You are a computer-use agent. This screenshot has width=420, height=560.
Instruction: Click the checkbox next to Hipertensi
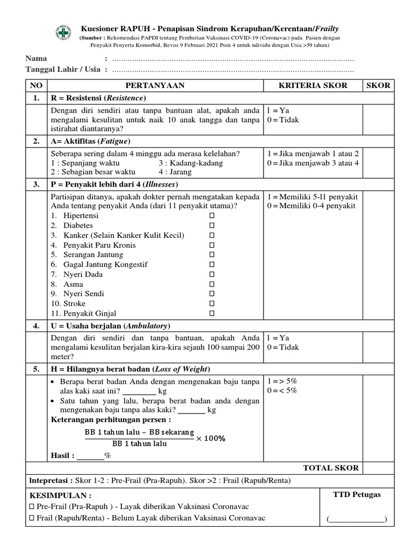[212, 215]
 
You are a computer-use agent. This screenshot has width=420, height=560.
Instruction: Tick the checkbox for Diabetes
[212, 225]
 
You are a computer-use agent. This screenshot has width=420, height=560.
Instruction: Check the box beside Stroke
[212, 304]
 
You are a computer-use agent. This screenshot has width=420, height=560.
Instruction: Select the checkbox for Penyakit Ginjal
[212, 313]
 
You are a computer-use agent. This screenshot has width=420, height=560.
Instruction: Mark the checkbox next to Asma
[212, 284]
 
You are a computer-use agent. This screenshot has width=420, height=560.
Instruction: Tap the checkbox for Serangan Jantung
[212, 255]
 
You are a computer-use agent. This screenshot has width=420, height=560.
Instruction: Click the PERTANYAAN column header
[155, 85]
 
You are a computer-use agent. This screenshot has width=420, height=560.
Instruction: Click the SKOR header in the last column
[378, 85]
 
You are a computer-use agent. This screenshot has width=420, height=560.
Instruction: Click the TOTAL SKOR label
[331, 468]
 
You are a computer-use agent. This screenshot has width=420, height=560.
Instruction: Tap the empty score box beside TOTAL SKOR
[378, 468]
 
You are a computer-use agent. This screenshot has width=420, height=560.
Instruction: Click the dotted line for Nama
[232, 59]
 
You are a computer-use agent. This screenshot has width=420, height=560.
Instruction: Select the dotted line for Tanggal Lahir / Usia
[232, 70]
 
